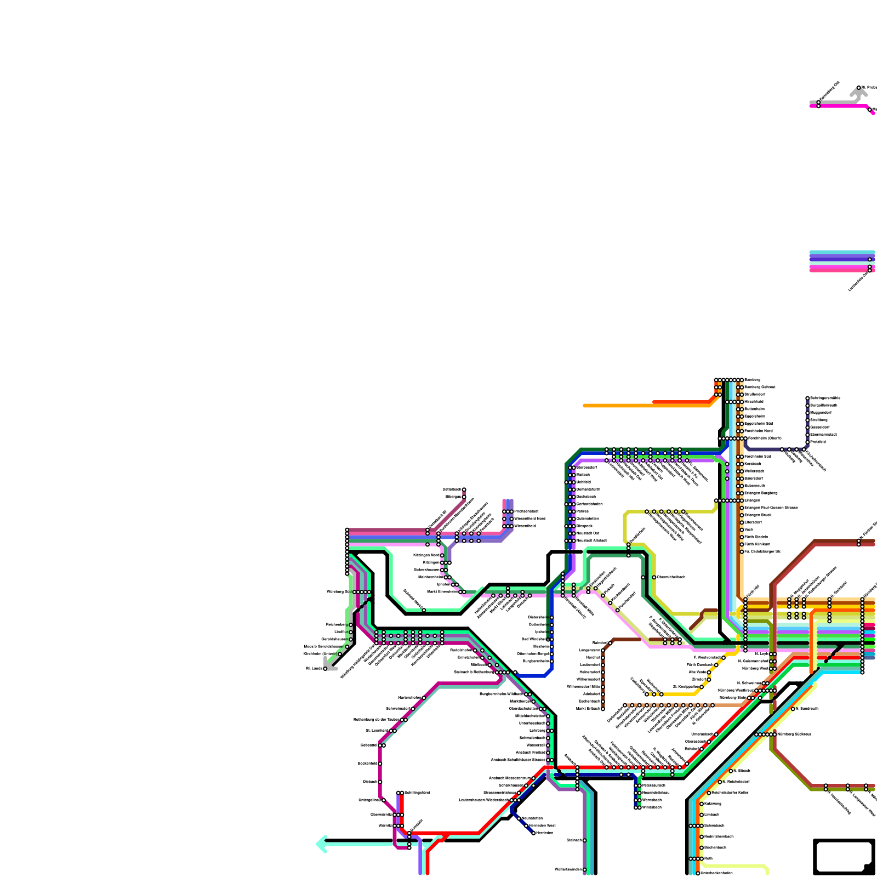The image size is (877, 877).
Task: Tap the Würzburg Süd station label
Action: (338, 592)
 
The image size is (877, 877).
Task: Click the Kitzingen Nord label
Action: (427, 555)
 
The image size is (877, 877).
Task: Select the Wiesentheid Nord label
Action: (529, 519)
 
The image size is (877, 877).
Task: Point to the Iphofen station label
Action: (444, 584)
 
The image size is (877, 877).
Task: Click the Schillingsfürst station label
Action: (417, 793)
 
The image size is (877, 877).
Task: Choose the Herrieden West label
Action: (542, 825)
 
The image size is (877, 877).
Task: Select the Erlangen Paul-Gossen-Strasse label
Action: (771, 508)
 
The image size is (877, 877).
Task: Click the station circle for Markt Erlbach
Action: (603, 709)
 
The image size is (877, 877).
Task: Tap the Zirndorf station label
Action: (699, 679)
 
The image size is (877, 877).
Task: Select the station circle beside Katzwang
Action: (702, 804)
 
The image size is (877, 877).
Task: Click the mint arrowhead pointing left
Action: (321, 844)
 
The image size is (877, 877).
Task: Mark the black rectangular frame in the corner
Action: (844, 856)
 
